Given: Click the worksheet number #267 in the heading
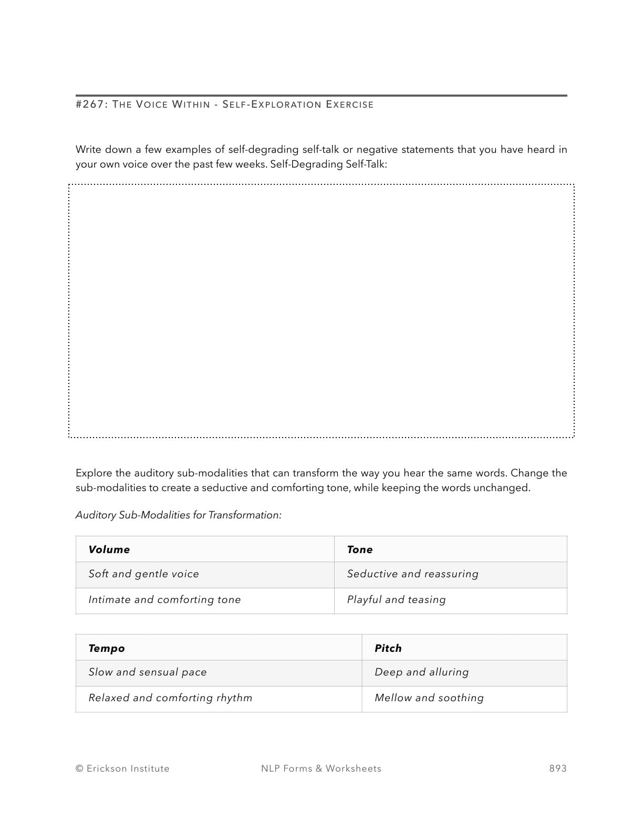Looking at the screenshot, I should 91,105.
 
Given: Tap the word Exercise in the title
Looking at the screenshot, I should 349,105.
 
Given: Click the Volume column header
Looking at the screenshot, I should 109,549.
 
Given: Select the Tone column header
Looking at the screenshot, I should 360,549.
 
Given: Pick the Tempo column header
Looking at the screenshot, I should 107,648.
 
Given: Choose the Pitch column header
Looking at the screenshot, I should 388,648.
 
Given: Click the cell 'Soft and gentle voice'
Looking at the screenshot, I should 144,574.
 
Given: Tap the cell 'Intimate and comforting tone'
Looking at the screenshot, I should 164,600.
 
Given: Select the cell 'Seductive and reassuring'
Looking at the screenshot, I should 413,574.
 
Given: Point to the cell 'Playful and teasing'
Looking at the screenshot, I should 397,600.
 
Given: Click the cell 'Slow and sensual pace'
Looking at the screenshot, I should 148,672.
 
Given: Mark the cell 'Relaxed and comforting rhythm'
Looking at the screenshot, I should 170,698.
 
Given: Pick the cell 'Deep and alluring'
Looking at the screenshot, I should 422,672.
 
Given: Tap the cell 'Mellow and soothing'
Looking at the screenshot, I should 429,698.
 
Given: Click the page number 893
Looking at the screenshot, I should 558,768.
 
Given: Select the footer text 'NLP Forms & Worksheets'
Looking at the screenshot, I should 321,768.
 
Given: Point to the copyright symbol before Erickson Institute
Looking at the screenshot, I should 79,768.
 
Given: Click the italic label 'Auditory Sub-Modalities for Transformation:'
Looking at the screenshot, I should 179,515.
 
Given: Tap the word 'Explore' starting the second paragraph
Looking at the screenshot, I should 94,473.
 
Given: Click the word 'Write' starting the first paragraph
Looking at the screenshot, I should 88,150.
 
